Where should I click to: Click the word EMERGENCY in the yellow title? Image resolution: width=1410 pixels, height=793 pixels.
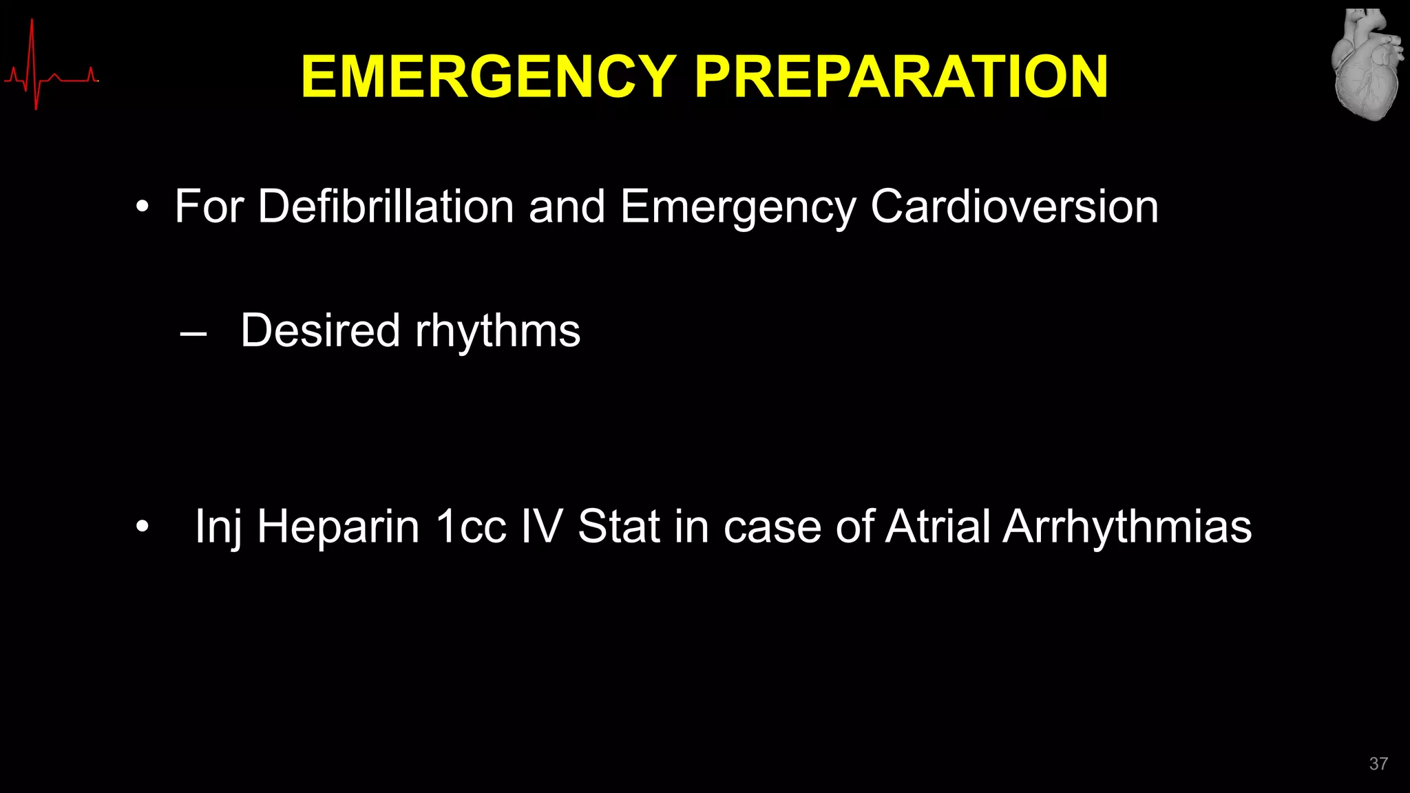coord(489,77)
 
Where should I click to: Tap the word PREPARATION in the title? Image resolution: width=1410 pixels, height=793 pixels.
coord(901,77)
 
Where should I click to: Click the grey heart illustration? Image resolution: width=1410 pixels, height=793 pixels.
coord(1367,65)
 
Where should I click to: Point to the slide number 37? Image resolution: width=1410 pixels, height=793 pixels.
coord(1378,763)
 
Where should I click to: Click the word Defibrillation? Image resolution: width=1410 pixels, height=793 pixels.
coord(386,206)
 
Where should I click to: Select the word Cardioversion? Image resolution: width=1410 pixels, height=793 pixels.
coord(1014,206)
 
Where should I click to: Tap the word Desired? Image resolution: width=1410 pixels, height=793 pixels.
coord(320,330)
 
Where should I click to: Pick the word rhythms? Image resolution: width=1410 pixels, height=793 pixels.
coord(498,331)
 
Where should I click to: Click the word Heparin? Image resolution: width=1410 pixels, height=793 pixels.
coord(338,527)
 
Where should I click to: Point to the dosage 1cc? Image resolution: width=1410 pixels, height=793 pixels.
coord(472,527)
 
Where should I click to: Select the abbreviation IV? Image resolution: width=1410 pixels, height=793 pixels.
coord(541,527)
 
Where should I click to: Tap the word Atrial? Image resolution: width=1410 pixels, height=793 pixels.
coord(938,527)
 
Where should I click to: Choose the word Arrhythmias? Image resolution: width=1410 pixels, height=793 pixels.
coord(1127,527)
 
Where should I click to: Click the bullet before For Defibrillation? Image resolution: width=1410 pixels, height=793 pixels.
coord(142,207)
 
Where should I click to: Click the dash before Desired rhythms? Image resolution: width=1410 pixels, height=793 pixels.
coord(193,334)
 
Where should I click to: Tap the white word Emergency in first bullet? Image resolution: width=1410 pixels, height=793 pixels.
coord(737,207)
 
